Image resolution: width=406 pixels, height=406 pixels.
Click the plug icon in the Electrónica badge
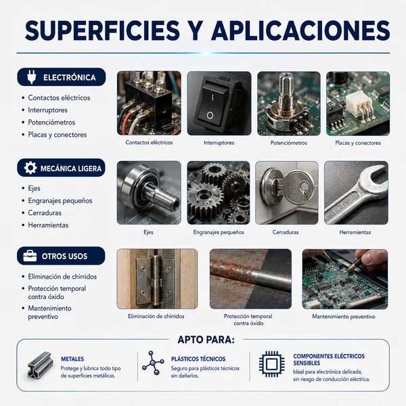point(32,77)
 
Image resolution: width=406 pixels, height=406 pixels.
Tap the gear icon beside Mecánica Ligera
point(30,168)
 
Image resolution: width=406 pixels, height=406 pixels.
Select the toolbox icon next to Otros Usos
point(30,256)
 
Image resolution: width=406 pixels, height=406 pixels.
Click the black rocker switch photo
point(219,104)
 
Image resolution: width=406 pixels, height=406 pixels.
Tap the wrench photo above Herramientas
point(356,193)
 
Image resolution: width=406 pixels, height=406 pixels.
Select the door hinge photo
point(157,279)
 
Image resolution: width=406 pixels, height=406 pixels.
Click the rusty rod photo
point(250,279)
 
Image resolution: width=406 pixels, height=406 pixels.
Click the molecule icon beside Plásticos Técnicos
point(153,363)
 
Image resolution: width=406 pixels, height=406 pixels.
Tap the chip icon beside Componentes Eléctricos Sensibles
point(271,364)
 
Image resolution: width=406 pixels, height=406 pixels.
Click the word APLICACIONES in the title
point(301,31)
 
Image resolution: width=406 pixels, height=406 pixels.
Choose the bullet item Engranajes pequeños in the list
point(60,201)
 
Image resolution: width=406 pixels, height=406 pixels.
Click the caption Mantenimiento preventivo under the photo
point(344,317)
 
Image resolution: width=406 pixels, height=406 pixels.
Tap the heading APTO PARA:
point(206,340)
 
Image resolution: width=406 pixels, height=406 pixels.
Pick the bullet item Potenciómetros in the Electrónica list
point(51,122)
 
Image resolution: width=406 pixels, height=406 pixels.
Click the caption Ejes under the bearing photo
point(148,232)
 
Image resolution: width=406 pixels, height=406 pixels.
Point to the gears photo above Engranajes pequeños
point(219,193)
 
